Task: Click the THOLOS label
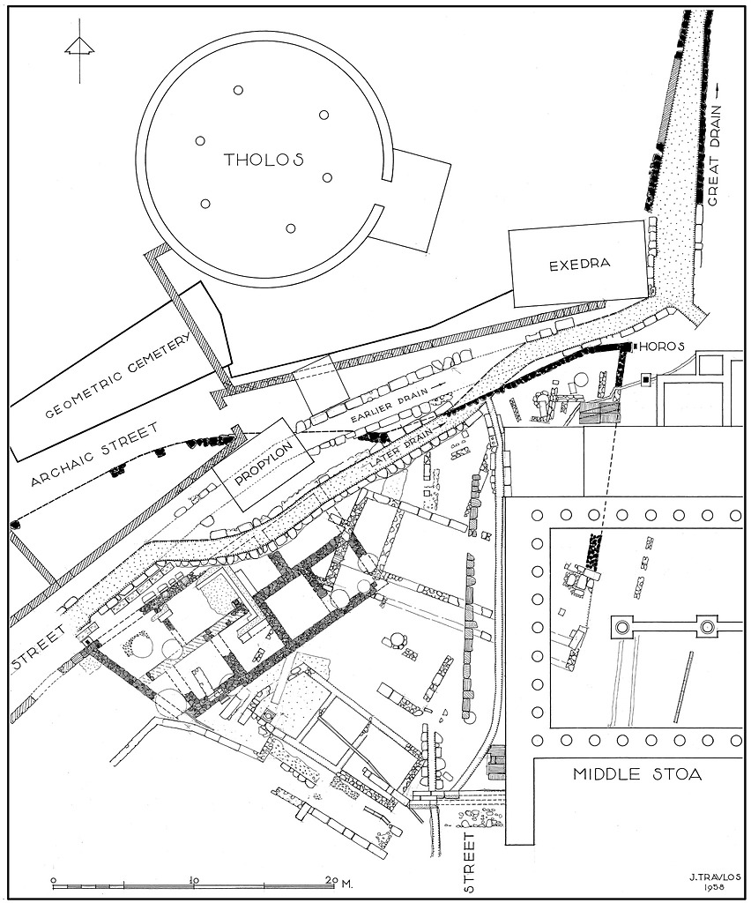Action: coord(264,160)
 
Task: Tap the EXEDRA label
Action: coord(579,265)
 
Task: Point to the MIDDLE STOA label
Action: coord(637,774)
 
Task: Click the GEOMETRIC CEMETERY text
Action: coord(117,376)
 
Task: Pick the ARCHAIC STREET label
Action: coord(94,454)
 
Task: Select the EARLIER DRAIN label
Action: coord(390,407)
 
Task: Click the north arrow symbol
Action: coord(79,50)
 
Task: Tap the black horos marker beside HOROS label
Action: coord(633,346)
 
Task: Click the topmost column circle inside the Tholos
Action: coord(238,90)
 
